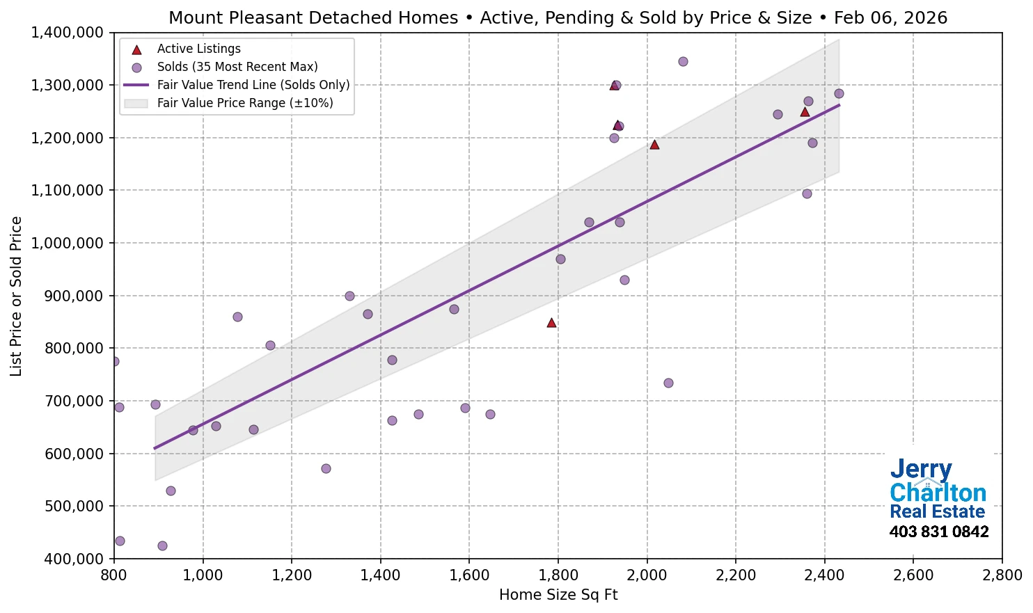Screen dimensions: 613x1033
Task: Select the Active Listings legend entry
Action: click(x=198, y=49)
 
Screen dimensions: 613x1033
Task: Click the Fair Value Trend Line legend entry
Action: click(x=253, y=85)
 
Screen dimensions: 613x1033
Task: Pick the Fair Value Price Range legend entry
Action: click(x=244, y=103)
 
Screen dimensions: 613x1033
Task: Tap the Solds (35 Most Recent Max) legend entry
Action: click(x=237, y=67)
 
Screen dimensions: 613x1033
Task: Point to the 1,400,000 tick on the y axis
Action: click(x=68, y=33)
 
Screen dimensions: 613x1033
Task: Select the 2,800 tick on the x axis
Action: click(x=1002, y=575)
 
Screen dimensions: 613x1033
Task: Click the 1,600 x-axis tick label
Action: click(x=469, y=575)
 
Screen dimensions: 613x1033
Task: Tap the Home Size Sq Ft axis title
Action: click(x=558, y=595)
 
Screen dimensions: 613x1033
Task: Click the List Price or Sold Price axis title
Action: click(x=16, y=296)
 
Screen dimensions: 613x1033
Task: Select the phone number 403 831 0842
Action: click(x=938, y=532)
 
